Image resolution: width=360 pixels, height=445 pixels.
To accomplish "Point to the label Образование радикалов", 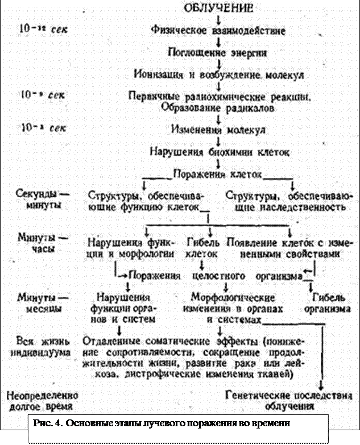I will point(218,106).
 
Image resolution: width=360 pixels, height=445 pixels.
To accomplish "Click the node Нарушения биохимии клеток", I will point(220,152).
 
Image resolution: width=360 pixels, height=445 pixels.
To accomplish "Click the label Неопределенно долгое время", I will point(40,400).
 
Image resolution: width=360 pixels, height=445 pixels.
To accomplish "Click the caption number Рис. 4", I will point(48,423).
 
